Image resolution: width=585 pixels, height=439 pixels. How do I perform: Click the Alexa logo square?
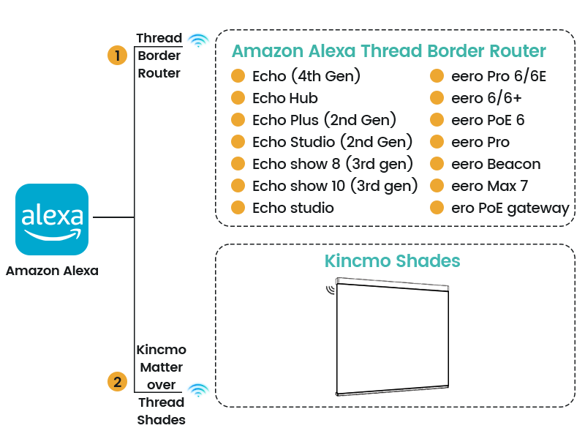(52, 219)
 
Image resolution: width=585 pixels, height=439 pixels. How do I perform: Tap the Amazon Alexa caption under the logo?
(52, 271)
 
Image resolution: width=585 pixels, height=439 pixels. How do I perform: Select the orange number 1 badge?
(117, 56)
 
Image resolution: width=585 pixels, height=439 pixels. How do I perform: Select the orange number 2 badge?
(117, 381)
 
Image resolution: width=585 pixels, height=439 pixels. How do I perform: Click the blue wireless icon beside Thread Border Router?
(197, 40)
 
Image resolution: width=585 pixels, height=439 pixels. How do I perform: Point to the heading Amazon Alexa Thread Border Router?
(388, 51)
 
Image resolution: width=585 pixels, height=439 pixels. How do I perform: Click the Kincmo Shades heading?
(392, 261)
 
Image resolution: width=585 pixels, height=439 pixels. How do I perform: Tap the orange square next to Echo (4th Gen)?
(238, 76)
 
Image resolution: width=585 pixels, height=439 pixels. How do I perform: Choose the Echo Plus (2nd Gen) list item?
(322, 120)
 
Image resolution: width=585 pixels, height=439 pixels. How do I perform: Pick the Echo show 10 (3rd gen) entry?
(333, 186)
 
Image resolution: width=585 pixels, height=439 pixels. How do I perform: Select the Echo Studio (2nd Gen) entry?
(328, 142)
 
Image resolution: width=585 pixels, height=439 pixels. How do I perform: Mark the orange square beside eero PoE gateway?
(437, 208)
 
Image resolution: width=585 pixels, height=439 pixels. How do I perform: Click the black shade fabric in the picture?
(392, 337)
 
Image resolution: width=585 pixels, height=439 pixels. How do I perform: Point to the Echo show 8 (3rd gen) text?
(328, 164)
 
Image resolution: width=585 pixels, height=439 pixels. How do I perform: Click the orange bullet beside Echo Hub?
(238, 98)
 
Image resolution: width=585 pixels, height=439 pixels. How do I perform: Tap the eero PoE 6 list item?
(487, 120)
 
